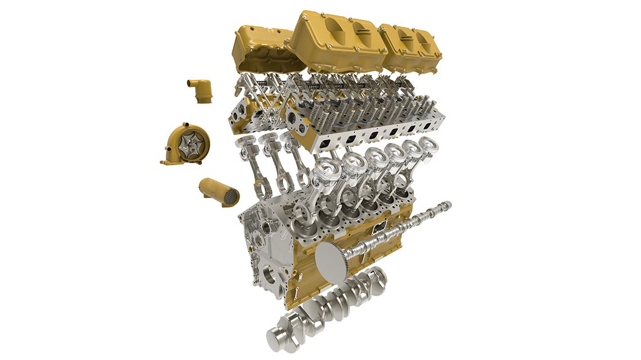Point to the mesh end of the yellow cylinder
(x=230, y=196)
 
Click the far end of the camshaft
(x=447, y=205)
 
